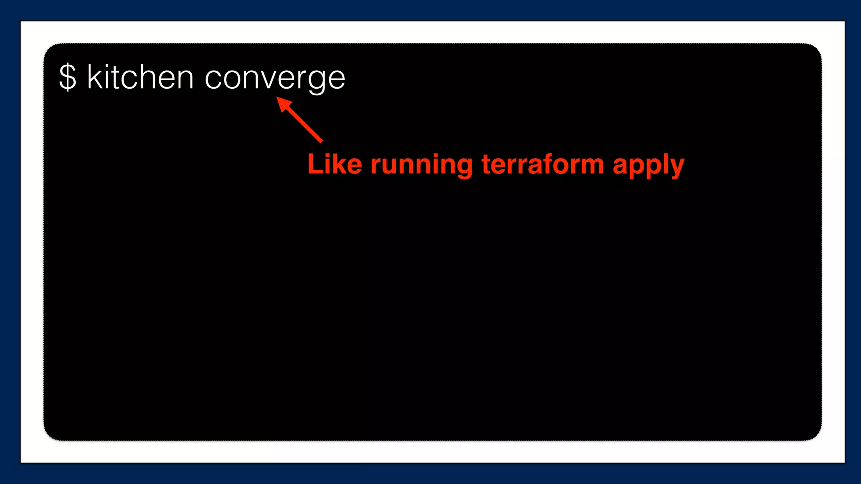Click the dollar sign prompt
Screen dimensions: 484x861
coord(68,77)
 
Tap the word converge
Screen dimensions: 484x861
coord(275,78)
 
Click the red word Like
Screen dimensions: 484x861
coord(335,164)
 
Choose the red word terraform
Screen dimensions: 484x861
coord(543,164)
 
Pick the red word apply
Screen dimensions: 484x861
coord(648,165)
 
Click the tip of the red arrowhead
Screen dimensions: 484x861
coord(277,97)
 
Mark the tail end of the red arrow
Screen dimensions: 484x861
coord(322,142)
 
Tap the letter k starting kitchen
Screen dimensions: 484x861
coord(94,77)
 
